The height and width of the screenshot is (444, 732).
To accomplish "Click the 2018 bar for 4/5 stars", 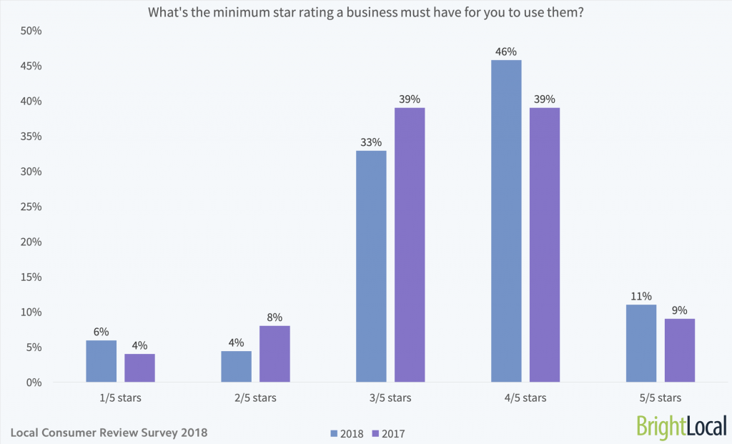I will click(506, 221).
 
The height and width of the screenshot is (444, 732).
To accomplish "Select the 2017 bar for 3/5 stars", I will click(410, 245).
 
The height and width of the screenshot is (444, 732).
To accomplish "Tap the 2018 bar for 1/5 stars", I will click(101, 361).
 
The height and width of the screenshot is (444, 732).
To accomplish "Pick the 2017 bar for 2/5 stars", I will click(274, 354).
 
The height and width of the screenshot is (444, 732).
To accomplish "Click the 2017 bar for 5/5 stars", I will click(680, 350).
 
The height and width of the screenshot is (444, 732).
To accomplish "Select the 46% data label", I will click(506, 51).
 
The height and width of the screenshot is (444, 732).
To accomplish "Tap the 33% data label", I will click(371, 142).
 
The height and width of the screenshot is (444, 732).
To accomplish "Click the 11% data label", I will click(641, 296).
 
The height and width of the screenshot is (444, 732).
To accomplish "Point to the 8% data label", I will click(274, 317).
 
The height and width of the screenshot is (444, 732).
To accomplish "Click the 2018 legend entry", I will click(347, 433).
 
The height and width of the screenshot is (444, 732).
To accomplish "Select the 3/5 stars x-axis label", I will click(390, 398).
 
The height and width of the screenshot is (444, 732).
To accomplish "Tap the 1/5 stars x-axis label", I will click(120, 398).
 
